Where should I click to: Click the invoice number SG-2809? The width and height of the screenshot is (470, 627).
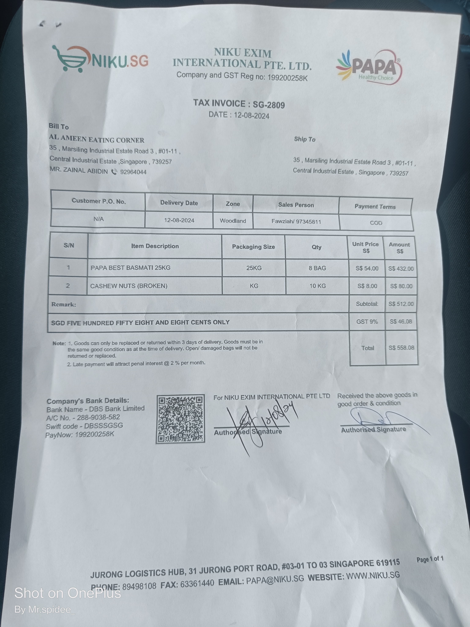pyautogui.click(x=269, y=105)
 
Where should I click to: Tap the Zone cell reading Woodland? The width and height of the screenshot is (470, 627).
pyautogui.click(x=233, y=221)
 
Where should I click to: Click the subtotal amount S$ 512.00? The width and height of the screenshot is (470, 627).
pyautogui.click(x=401, y=304)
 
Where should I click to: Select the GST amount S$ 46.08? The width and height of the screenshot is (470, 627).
pyautogui.click(x=401, y=321)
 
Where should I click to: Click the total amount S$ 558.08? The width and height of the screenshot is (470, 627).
pyautogui.click(x=401, y=347)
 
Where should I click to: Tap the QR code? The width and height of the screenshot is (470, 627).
pyautogui.click(x=181, y=419)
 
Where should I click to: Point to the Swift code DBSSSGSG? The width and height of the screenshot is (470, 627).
pyautogui.click(x=103, y=425)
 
